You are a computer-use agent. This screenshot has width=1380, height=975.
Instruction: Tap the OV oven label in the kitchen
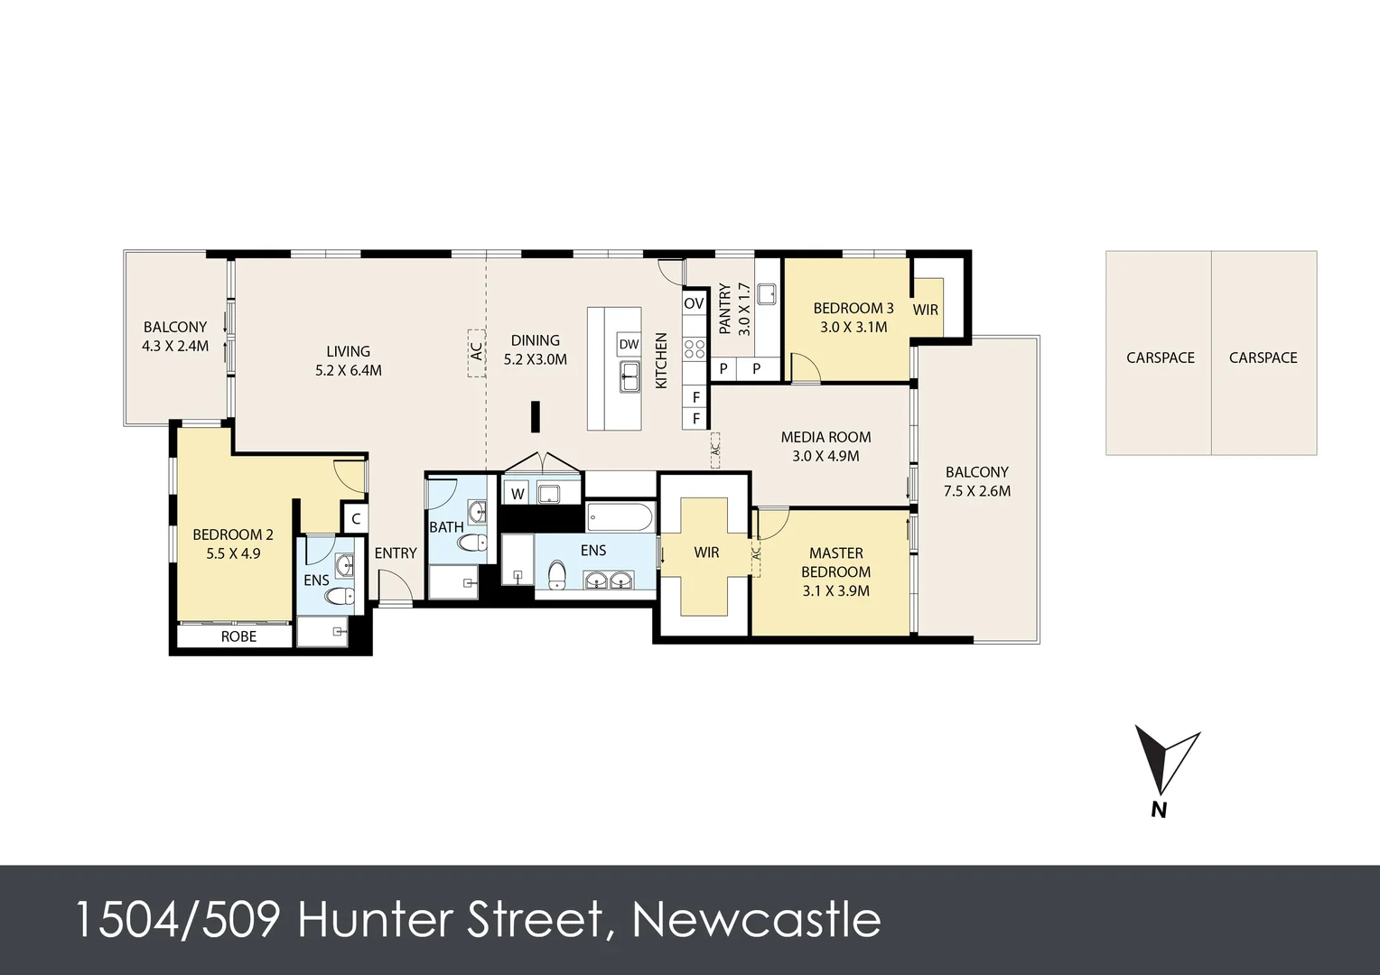(x=694, y=303)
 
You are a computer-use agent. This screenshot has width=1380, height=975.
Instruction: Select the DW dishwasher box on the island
(x=629, y=345)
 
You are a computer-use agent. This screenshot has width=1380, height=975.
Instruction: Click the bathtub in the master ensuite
(x=620, y=518)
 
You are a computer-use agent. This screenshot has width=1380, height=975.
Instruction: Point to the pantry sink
(x=768, y=294)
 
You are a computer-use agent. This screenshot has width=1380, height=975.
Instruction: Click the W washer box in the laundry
(x=517, y=494)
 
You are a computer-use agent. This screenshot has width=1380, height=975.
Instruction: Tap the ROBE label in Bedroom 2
(x=238, y=636)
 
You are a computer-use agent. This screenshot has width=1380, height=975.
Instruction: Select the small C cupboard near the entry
(x=356, y=519)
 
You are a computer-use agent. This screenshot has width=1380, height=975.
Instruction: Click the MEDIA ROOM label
(x=825, y=437)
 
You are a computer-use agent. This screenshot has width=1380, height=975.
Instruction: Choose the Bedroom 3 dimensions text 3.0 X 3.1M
(x=853, y=328)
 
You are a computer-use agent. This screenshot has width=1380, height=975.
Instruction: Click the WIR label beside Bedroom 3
(x=925, y=310)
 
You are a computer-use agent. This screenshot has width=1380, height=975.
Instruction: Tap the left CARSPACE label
(x=1160, y=357)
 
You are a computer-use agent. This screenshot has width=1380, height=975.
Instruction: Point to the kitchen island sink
(x=629, y=376)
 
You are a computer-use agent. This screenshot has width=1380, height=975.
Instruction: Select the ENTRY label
(x=396, y=552)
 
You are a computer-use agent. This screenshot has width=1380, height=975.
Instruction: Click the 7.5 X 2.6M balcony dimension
(x=976, y=491)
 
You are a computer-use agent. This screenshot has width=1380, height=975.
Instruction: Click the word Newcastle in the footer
(x=756, y=920)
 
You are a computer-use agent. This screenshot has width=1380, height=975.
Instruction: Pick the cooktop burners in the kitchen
(x=694, y=348)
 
